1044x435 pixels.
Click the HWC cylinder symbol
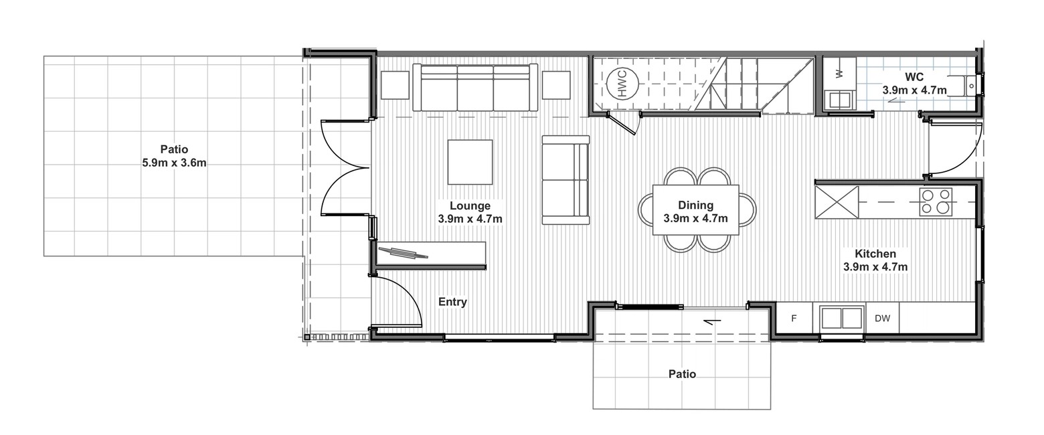click(x=622, y=84)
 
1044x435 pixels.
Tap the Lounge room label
click(x=470, y=205)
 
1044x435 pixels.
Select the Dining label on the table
click(x=695, y=205)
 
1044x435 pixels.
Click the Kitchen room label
click(x=875, y=254)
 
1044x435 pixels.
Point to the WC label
click(x=914, y=76)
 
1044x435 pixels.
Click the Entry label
click(x=452, y=302)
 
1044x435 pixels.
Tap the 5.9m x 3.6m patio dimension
click(x=174, y=163)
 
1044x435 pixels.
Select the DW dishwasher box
click(x=882, y=319)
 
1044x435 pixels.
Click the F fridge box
click(x=794, y=319)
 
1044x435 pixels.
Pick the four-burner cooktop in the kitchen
click(x=936, y=202)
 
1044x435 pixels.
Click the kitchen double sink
click(x=841, y=319)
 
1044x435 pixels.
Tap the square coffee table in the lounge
click(x=470, y=162)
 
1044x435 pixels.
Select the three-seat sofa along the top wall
click(x=475, y=88)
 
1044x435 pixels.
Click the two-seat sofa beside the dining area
click(x=565, y=180)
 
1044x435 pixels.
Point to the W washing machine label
click(x=839, y=74)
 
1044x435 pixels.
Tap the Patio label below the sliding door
click(x=682, y=374)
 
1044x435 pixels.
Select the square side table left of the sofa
click(x=396, y=85)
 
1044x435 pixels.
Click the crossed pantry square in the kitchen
click(x=837, y=202)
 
